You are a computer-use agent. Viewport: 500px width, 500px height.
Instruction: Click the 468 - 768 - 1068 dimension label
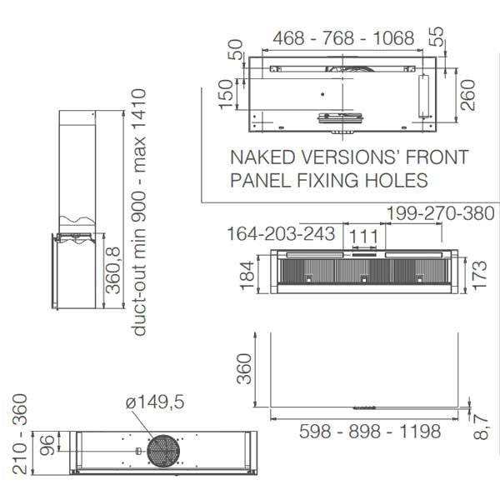tap(343, 38)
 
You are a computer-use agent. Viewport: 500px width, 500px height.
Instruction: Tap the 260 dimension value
tap(468, 95)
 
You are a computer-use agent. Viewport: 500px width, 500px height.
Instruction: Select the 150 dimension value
tap(226, 94)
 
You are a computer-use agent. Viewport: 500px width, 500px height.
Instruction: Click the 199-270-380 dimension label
tap(440, 213)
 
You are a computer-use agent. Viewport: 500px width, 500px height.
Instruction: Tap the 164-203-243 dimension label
tap(281, 233)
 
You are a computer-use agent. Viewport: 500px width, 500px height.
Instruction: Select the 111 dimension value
tap(364, 237)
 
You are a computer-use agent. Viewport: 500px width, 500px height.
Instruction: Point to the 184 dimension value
tap(247, 276)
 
